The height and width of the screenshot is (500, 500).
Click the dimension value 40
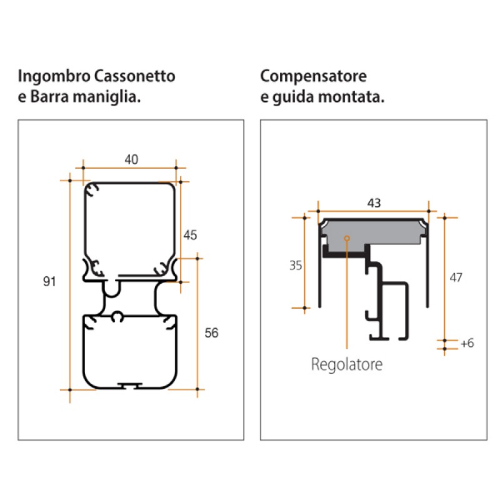[131, 159]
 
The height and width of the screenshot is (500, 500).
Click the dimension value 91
[50, 282]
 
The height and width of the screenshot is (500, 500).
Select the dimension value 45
[190, 235]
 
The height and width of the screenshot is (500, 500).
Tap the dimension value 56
[211, 333]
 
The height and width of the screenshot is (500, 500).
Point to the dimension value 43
[374, 203]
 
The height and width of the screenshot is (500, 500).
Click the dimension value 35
[296, 266]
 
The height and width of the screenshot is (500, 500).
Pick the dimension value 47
[456, 277]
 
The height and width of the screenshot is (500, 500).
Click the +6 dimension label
[467, 343]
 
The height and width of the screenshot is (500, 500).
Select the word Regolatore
[346, 364]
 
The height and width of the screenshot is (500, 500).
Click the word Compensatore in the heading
[313, 77]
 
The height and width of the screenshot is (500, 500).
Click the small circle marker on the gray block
[346, 237]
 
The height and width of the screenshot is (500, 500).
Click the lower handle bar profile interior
[130, 353]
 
